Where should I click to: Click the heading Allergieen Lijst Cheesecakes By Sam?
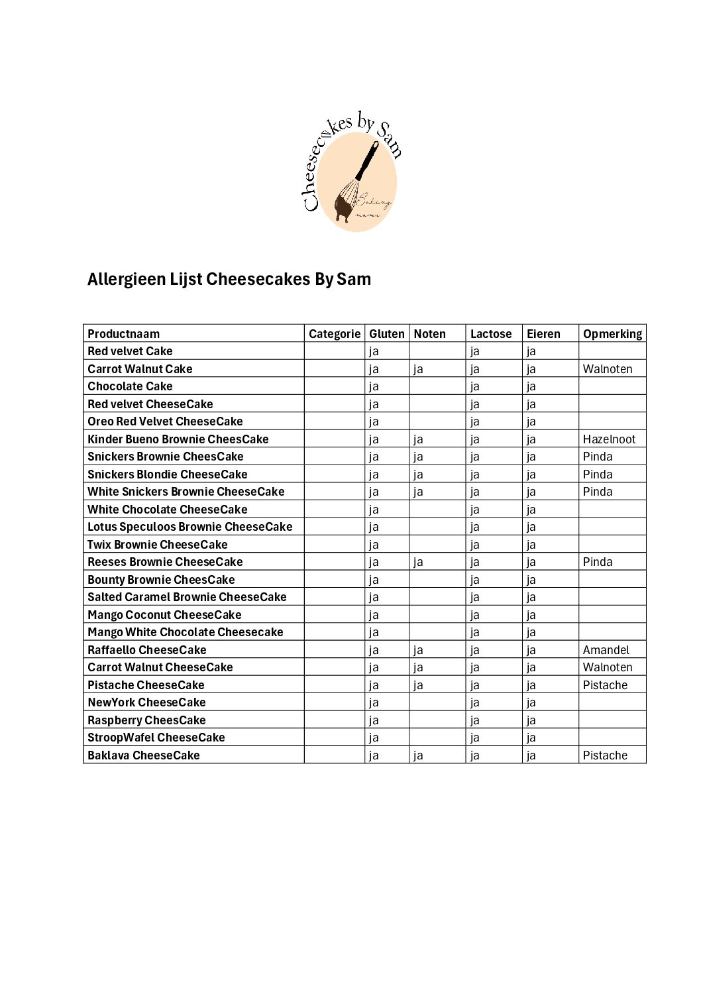[229, 280]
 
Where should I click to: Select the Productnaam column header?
[124, 334]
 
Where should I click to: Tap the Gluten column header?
[386, 334]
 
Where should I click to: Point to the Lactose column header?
[491, 334]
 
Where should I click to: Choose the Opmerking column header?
[612, 334]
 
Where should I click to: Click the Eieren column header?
[543, 334]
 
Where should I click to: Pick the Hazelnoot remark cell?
[609, 439]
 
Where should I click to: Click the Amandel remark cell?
[606, 650]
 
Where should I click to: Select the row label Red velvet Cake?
[130, 351]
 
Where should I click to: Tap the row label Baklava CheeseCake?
[144, 755]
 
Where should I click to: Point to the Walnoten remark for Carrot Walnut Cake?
[608, 369]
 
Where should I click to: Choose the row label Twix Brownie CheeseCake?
[158, 545]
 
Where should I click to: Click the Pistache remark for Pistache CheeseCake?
[605, 685]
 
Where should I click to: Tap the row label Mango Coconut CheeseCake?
[164, 615]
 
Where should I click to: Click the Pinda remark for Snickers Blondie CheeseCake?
[598, 474]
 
